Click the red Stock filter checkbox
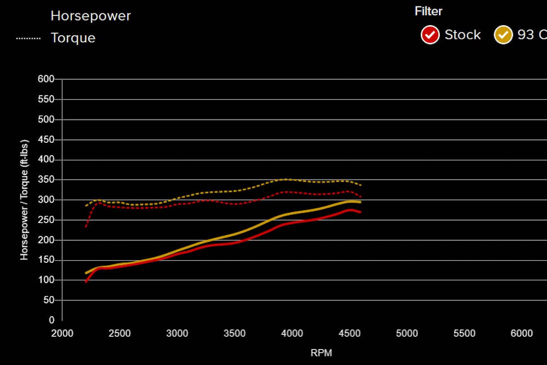[430, 35]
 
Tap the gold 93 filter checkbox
[503, 35]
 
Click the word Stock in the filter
[463, 35]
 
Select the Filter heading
[428, 11]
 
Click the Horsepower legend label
[91, 16]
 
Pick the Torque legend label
[73, 38]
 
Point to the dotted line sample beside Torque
[28, 38]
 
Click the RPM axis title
[321, 353]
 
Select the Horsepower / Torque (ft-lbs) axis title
[24, 200]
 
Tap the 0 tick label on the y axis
[52, 320]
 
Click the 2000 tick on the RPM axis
[62, 334]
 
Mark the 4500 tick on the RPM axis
[349, 334]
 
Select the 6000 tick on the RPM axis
[521, 334]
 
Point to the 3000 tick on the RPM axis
[177, 334]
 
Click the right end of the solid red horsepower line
[361, 212]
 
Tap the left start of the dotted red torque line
[86, 226]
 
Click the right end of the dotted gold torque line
[361, 185]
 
